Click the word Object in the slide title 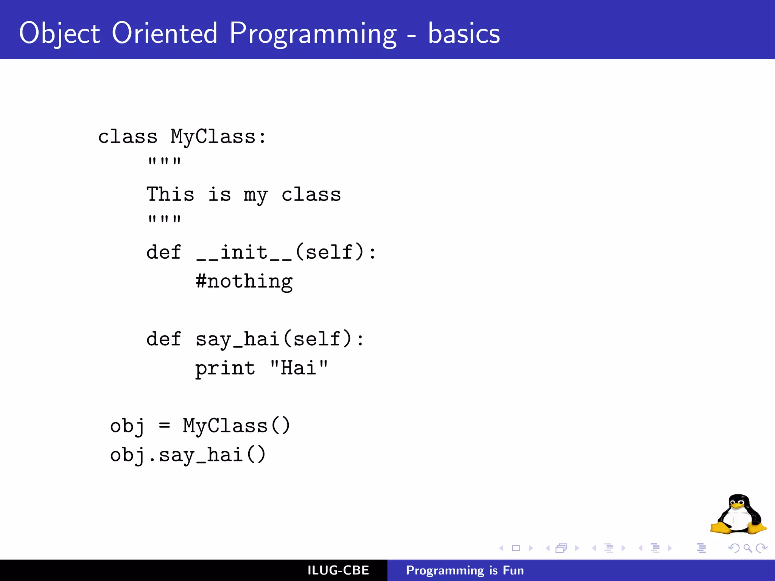59,33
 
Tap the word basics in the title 464,33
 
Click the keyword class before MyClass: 128,137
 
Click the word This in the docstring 170,194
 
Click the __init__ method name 244,252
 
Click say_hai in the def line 237,339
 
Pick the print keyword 225,368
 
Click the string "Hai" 299,368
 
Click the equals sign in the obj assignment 164,426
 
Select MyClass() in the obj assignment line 237,426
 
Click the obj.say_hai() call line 188,455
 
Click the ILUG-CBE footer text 338,570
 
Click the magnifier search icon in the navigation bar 747,548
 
